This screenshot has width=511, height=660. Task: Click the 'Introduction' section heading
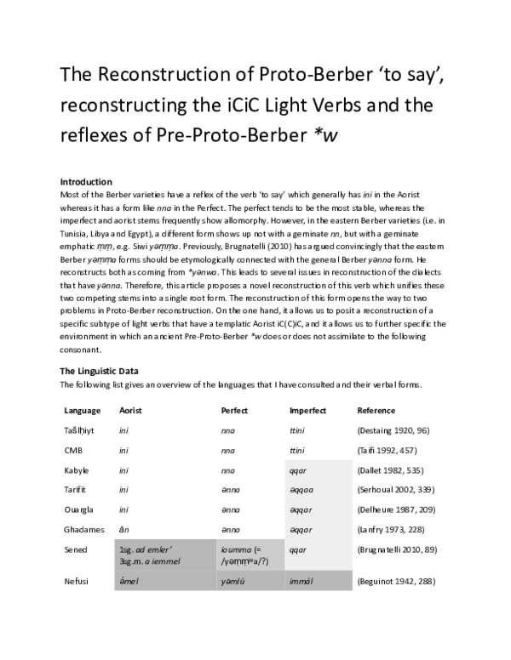[87, 182]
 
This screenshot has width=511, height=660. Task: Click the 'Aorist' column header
[130, 411]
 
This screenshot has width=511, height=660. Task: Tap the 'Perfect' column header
[234, 411]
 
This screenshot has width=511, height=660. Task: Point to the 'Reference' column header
[376, 411]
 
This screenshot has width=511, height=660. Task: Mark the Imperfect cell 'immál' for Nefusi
[302, 582]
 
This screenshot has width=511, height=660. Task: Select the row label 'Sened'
[75, 549]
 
